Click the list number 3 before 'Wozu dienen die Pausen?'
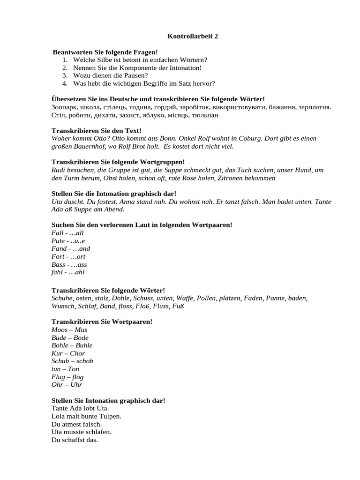(65, 75)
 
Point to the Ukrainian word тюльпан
(205, 115)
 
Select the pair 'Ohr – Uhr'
(67, 385)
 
